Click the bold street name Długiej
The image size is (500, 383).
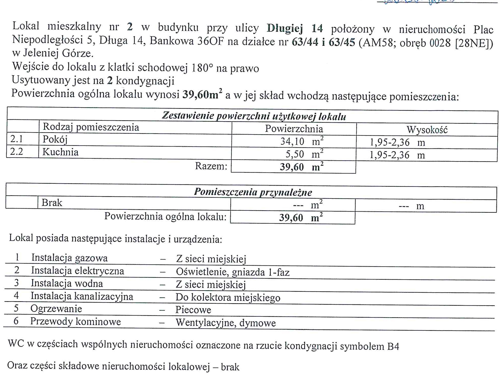tap(285, 28)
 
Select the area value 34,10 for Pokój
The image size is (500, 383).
tap(292, 141)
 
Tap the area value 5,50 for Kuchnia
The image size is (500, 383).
tap(295, 154)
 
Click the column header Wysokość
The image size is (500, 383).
tap(427, 130)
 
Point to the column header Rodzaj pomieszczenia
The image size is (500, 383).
tap(91, 127)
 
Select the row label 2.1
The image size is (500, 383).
tap(17, 139)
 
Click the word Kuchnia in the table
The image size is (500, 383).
tap(60, 152)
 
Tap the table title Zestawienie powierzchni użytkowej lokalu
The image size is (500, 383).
tap(254, 116)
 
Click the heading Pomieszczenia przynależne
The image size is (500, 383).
tap(253, 192)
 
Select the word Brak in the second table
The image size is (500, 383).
tap(52, 203)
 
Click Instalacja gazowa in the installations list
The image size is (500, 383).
tap(69, 258)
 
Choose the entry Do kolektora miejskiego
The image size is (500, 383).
tap(228, 297)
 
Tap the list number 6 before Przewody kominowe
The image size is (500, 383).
tap(16, 321)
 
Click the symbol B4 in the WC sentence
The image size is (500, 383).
tap(393, 346)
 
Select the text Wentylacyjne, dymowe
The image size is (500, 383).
tap(225, 323)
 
